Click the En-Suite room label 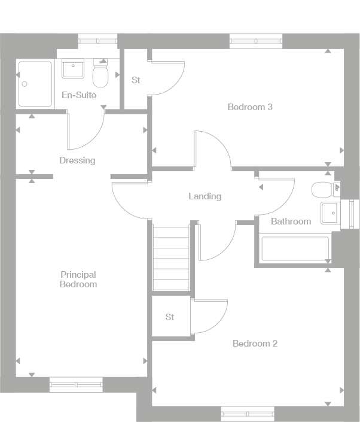coord(78,95)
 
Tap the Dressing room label coord(77,160)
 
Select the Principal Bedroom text coord(78,280)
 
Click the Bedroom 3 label coord(250,107)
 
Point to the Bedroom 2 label coord(255,344)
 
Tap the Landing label coord(205,196)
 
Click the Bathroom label coord(291,221)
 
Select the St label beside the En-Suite coord(136,80)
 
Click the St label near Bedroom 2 coord(170,317)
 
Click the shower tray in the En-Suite coord(35,83)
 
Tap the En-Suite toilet coord(100,75)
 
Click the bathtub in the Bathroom coord(295,248)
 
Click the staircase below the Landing coord(171,257)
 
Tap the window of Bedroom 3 coord(256,41)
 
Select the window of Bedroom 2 coord(248,413)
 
